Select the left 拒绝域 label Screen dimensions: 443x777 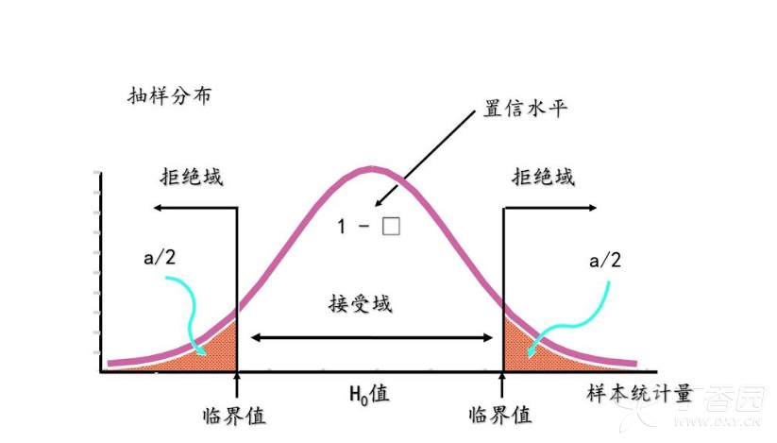(192, 177)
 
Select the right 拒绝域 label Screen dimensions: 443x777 (543, 177)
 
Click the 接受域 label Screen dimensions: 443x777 (361, 304)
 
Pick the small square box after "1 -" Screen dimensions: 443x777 (391, 227)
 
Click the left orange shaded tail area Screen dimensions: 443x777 (216, 349)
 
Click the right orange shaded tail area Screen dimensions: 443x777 (520, 349)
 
